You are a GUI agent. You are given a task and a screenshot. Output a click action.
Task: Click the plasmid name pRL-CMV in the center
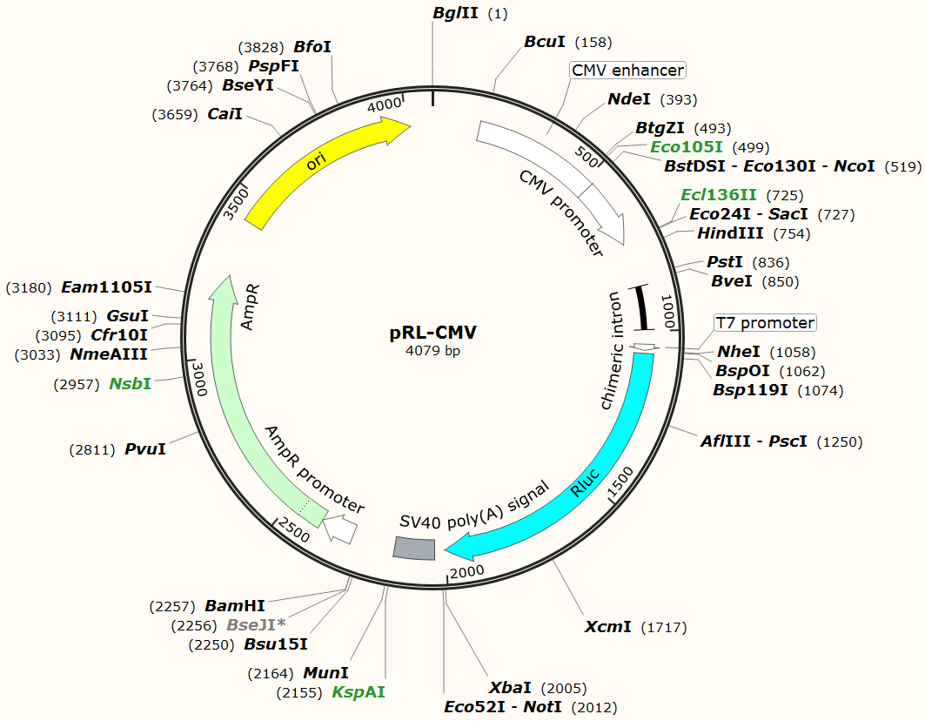(432, 333)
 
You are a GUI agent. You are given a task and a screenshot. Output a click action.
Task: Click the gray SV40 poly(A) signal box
(414, 548)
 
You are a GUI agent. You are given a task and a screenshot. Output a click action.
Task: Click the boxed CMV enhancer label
(627, 70)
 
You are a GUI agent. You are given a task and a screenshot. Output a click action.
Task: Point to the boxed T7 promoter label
(765, 323)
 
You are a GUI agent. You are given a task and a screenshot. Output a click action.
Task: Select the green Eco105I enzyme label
(687, 147)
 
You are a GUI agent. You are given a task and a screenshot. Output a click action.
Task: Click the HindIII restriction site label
(730, 233)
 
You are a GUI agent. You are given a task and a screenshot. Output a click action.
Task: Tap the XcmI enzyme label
(607, 627)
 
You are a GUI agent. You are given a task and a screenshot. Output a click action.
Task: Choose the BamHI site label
(235, 605)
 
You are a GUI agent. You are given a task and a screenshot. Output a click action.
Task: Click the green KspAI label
(358, 692)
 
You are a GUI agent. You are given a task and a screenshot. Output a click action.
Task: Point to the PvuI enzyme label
(145, 449)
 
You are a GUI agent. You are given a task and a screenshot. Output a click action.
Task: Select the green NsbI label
(130, 383)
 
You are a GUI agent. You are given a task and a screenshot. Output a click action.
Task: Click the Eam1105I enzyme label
(106, 286)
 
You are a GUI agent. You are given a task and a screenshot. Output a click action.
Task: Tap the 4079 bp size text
(432, 352)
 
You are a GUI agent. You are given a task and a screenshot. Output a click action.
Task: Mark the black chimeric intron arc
(643, 308)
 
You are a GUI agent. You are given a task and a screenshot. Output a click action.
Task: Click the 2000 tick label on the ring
(467, 571)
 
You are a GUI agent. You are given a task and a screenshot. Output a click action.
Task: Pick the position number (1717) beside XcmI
(664, 627)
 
